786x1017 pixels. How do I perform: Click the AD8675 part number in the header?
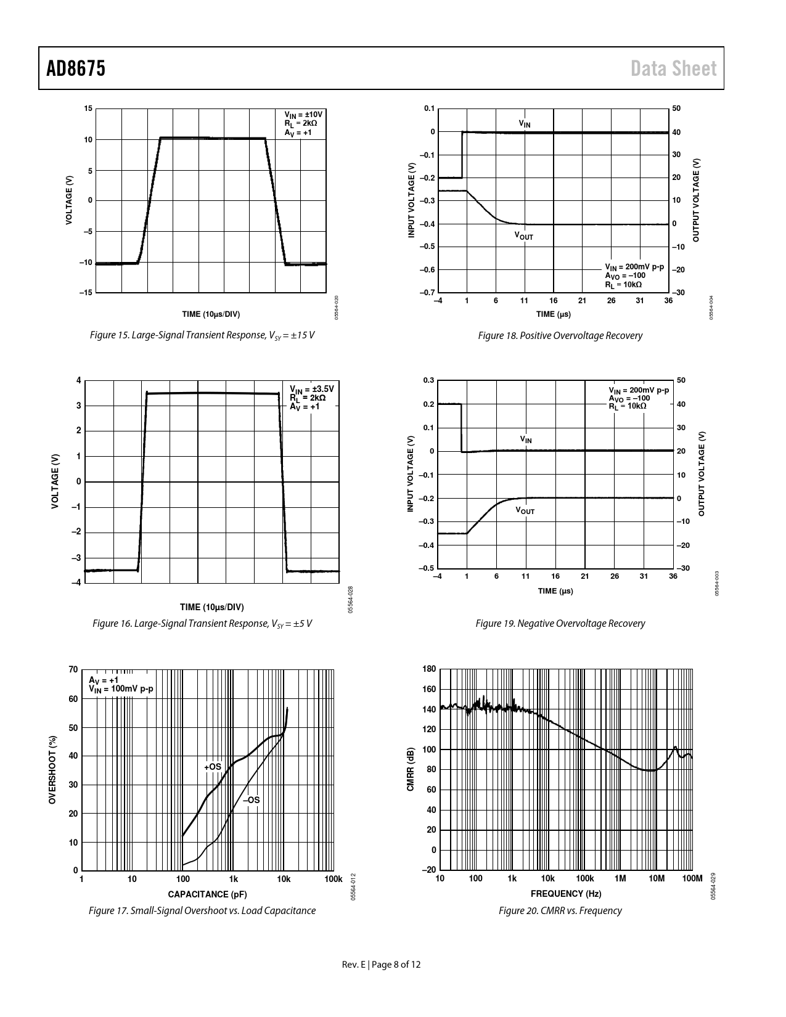click(x=76, y=68)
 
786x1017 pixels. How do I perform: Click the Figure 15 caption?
click(x=202, y=335)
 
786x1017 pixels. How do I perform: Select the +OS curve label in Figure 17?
click(x=213, y=767)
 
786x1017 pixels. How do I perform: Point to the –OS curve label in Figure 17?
click(x=251, y=800)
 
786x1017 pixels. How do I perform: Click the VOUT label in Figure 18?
click(x=524, y=235)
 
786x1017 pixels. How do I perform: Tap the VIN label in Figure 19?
click(x=526, y=439)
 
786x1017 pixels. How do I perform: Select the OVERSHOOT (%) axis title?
click(x=53, y=770)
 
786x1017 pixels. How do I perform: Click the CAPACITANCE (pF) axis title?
click(x=207, y=894)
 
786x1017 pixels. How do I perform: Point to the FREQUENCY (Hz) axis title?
click(x=566, y=893)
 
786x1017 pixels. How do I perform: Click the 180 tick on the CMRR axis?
click(x=429, y=669)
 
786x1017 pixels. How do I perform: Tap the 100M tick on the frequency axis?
click(x=692, y=879)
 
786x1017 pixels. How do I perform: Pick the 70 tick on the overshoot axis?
click(x=73, y=670)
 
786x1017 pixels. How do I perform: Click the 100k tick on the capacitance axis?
click(x=333, y=879)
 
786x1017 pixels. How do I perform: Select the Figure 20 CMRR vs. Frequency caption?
click(x=560, y=910)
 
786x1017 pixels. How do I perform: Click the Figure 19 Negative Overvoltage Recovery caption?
click(x=560, y=623)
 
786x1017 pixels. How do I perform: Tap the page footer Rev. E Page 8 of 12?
click(x=382, y=965)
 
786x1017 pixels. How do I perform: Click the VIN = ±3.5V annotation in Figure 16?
click(x=312, y=389)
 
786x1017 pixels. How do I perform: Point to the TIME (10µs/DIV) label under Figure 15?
click(x=211, y=314)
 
